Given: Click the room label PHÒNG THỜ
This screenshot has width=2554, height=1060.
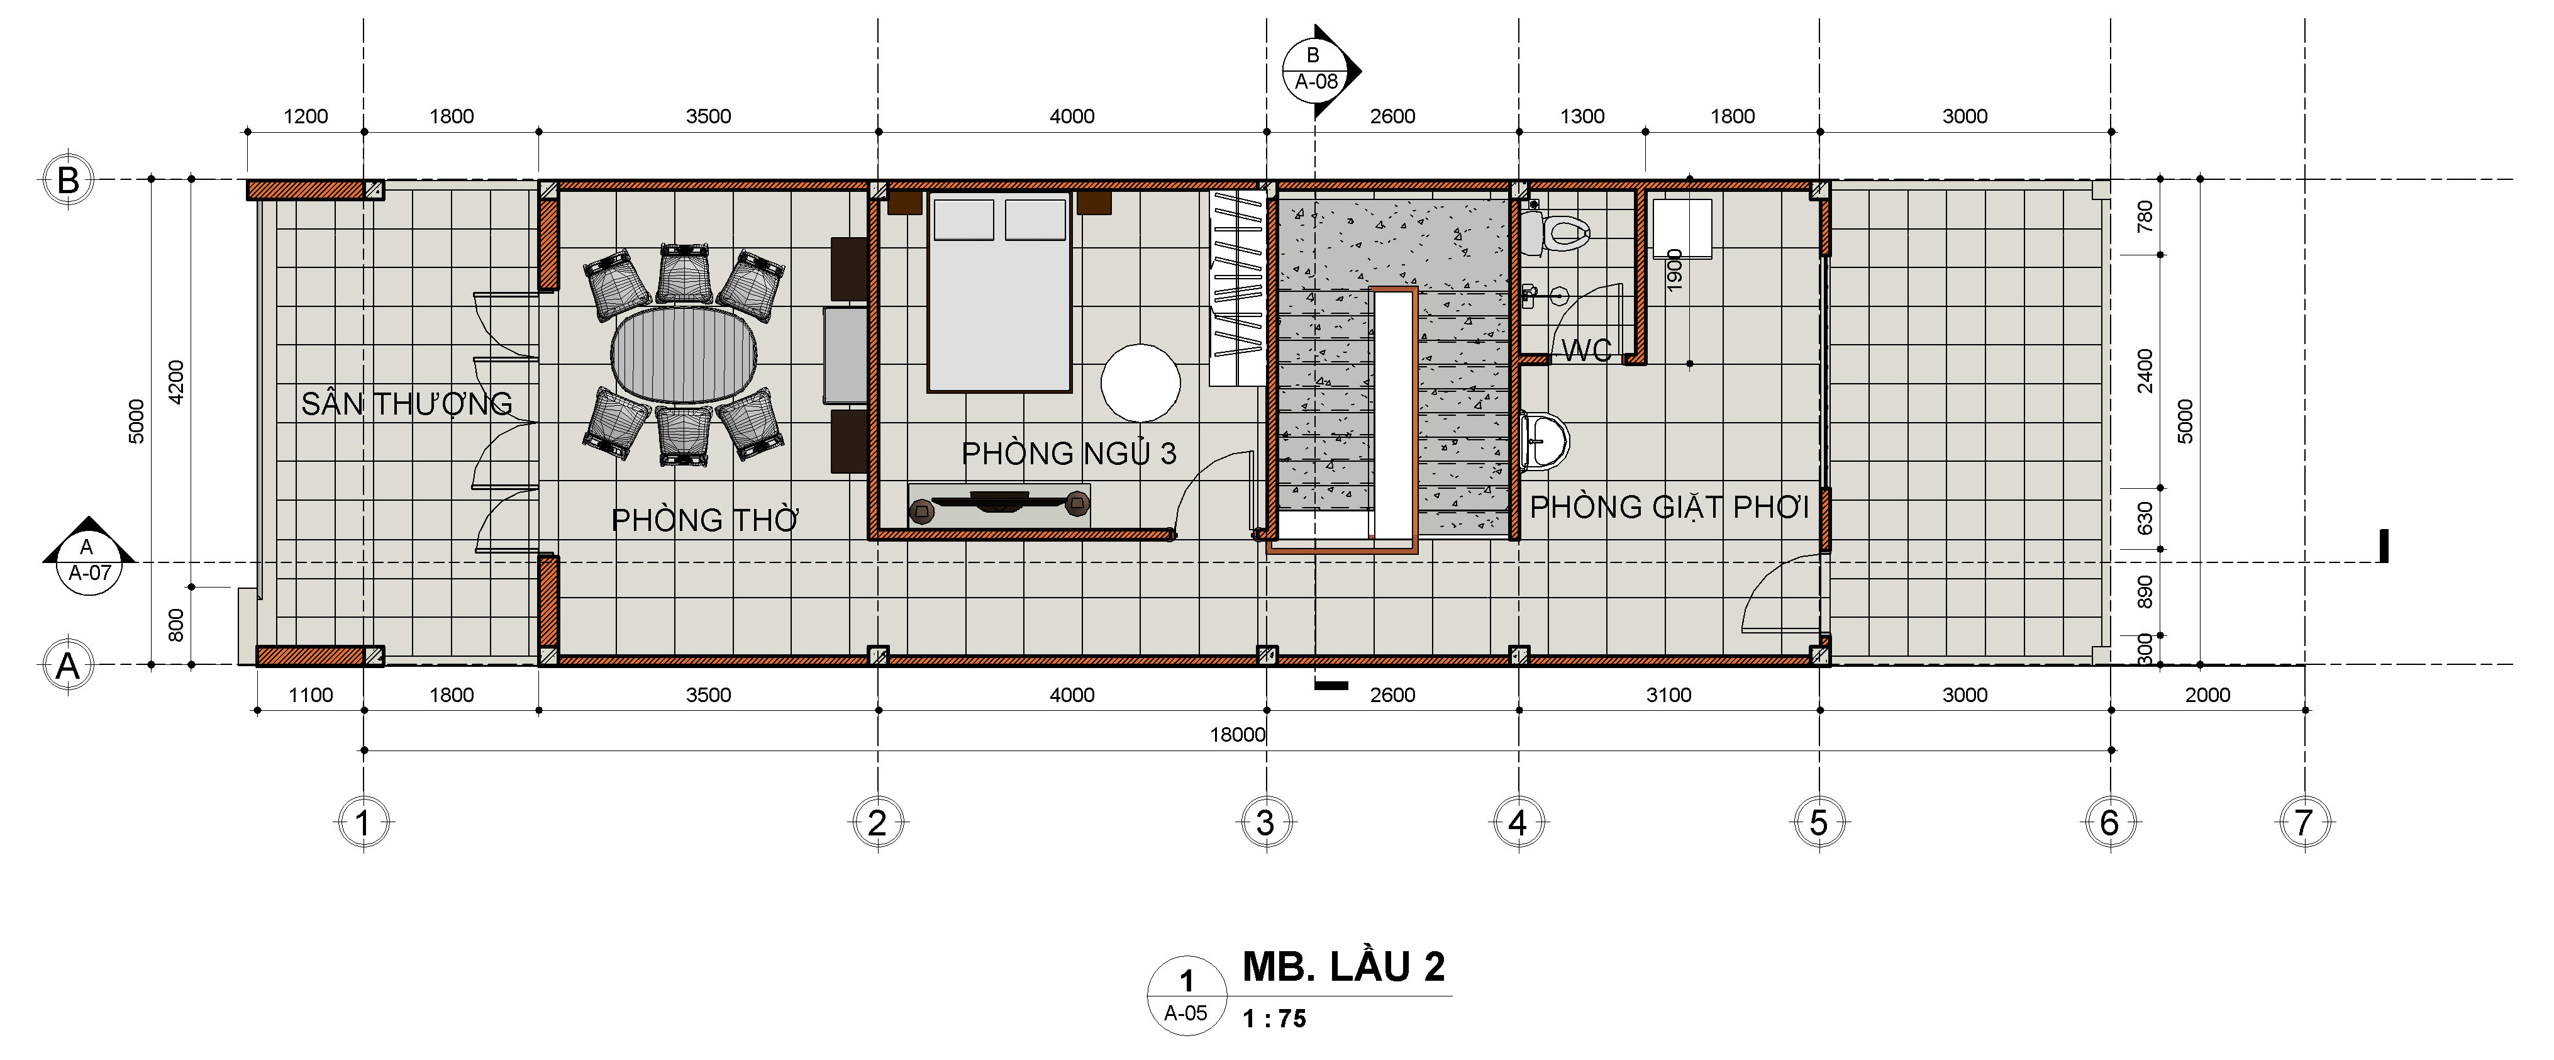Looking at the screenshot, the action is (x=705, y=520).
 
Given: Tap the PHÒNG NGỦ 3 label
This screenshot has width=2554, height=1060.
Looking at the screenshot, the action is (x=1069, y=453).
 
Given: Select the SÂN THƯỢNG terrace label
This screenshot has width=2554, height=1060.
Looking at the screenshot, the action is (x=406, y=404).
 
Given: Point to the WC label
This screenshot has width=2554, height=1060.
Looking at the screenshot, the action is (x=1586, y=350).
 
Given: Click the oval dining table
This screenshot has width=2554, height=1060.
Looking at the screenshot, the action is (x=684, y=354).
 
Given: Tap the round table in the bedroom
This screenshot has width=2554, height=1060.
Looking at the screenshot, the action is (x=1141, y=382).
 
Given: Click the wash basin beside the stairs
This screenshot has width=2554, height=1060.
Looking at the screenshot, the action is (x=1545, y=440).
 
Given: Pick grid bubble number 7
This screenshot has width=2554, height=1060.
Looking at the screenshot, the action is (x=2303, y=822).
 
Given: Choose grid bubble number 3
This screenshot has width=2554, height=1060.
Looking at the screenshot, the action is (x=1265, y=822).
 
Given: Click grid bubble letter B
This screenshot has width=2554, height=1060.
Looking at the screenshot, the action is (x=67, y=181).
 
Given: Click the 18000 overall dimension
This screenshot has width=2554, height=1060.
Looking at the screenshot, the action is (x=1237, y=735).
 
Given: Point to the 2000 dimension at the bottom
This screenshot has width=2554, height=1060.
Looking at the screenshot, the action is (x=2207, y=695).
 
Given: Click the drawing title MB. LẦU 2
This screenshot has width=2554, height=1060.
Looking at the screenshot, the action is (x=1343, y=967).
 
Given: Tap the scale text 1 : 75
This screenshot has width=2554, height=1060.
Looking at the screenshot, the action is (x=1274, y=1018).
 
